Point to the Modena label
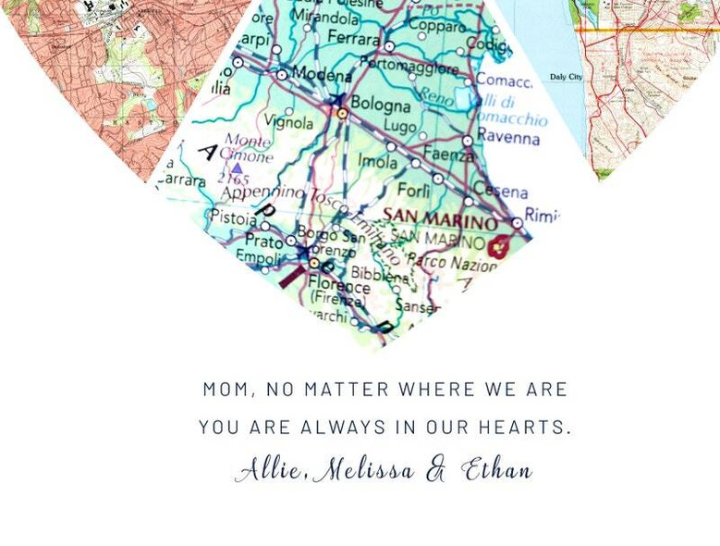(x=323, y=75)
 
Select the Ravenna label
(x=508, y=138)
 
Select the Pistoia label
(x=234, y=218)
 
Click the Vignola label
(x=288, y=122)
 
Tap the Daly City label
(x=566, y=77)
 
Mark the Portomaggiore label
(x=409, y=68)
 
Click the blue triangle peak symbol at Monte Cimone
(x=238, y=168)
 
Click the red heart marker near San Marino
(x=500, y=246)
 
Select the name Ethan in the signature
(x=496, y=469)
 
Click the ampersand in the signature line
(x=435, y=471)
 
